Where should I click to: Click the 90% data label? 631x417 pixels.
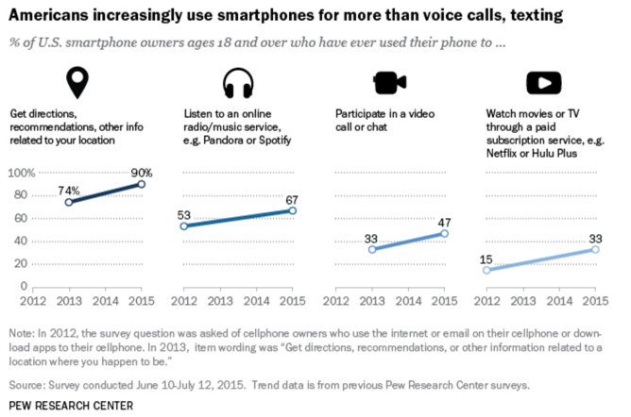pyautogui.click(x=142, y=173)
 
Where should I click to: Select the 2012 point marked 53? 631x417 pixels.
pyautogui.click(x=183, y=226)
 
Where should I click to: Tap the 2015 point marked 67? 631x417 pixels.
pyautogui.click(x=293, y=210)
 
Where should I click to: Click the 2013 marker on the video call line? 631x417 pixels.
pyautogui.click(x=373, y=249)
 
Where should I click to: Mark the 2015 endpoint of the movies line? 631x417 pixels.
pyautogui.click(x=595, y=249)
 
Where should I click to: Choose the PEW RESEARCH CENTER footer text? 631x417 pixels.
pyautogui.click(x=70, y=406)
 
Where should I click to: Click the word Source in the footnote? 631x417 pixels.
pyautogui.click(x=26, y=386)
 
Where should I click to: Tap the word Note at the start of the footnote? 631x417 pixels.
pyautogui.click(x=20, y=333)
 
